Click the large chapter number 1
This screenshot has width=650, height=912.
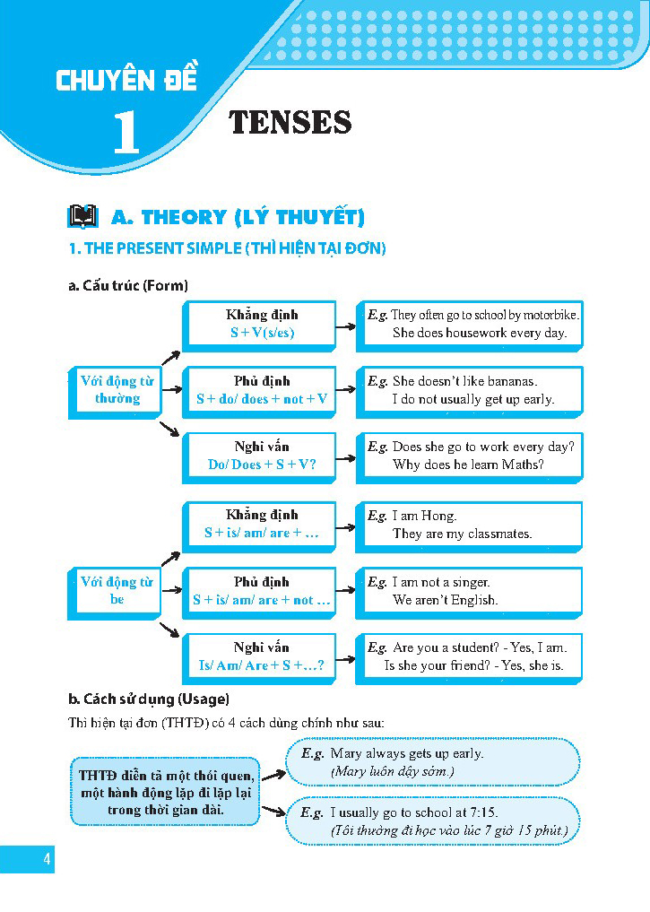(x=126, y=133)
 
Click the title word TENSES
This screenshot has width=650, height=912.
(x=290, y=122)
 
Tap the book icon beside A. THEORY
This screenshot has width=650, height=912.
(x=82, y=217)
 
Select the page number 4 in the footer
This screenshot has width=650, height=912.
(x=46, y=861)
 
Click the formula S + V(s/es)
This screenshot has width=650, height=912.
(x=261, y=333)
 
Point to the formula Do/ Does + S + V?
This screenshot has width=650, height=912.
(x=261, y=465)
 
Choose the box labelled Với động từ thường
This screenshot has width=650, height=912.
(x=117, y=390)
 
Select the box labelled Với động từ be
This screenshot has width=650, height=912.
(x=117, y=590)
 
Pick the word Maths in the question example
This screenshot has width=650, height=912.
(x=524, y=465)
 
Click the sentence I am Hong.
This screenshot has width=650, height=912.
(x=424, y=516)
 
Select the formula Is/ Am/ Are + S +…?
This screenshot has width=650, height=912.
(x=261, y=666)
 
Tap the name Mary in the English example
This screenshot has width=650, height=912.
(x=345, y=753)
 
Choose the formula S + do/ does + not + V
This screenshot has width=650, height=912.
(x=261, y=399)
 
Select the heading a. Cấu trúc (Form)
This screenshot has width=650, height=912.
(x=128, y=286)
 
